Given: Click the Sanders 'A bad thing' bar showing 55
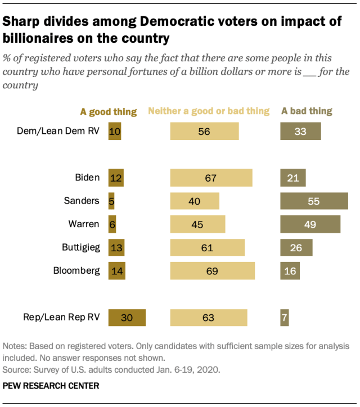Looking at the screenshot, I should point(314,201).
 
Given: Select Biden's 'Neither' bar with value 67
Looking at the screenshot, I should point(211,178).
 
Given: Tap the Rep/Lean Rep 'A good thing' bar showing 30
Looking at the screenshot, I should point(127,318).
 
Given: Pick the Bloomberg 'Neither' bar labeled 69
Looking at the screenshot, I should point(212,271).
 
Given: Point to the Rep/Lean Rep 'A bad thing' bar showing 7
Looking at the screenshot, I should point(285,318).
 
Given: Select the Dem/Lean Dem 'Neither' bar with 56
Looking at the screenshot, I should point(204,132).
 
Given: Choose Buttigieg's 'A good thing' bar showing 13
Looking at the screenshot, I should point(116,247).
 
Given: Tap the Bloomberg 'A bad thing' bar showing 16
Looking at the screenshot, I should point(290,271).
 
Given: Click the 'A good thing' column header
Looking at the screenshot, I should point(109,112).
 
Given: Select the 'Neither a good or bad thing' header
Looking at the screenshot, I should point(209,111).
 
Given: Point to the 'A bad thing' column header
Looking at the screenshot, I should point(307,111).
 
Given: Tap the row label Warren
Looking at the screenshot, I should point(85,224).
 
